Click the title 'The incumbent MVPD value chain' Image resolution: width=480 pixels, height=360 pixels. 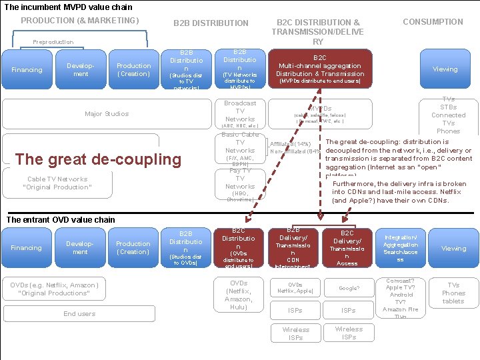[x=69, y=7]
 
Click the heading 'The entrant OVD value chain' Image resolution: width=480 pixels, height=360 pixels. [x=61, y=220]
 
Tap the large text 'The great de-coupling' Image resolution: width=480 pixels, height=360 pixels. [x=98, y=159]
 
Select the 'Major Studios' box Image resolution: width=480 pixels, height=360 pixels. [x=107, y=114]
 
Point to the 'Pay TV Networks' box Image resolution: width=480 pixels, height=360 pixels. [x=240, y=184]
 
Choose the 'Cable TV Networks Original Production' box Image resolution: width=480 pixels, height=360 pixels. [x=57, y=183]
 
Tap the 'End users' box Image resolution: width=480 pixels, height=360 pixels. [x=79, y=314]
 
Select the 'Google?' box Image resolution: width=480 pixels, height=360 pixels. [x=349, y=287]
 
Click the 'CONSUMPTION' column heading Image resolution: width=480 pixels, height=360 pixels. [x=433, y=22]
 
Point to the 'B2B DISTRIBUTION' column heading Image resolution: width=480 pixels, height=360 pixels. [x=211, y=23]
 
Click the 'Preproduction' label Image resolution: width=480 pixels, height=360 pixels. [x=53, y=42]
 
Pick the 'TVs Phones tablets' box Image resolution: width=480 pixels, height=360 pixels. [x=453, y=293]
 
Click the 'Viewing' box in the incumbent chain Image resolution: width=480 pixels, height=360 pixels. [x=445, y=69]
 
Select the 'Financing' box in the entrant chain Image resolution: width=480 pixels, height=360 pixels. [x=27, y=248]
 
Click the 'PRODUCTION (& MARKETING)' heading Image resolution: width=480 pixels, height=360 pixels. [x=80, y=21]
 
